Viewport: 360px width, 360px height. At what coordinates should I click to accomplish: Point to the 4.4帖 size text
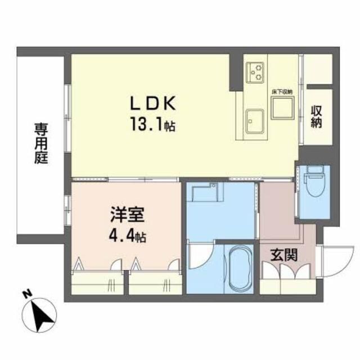[x=128, y=236]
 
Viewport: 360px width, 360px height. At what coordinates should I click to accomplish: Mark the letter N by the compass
[x=25, y=294]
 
